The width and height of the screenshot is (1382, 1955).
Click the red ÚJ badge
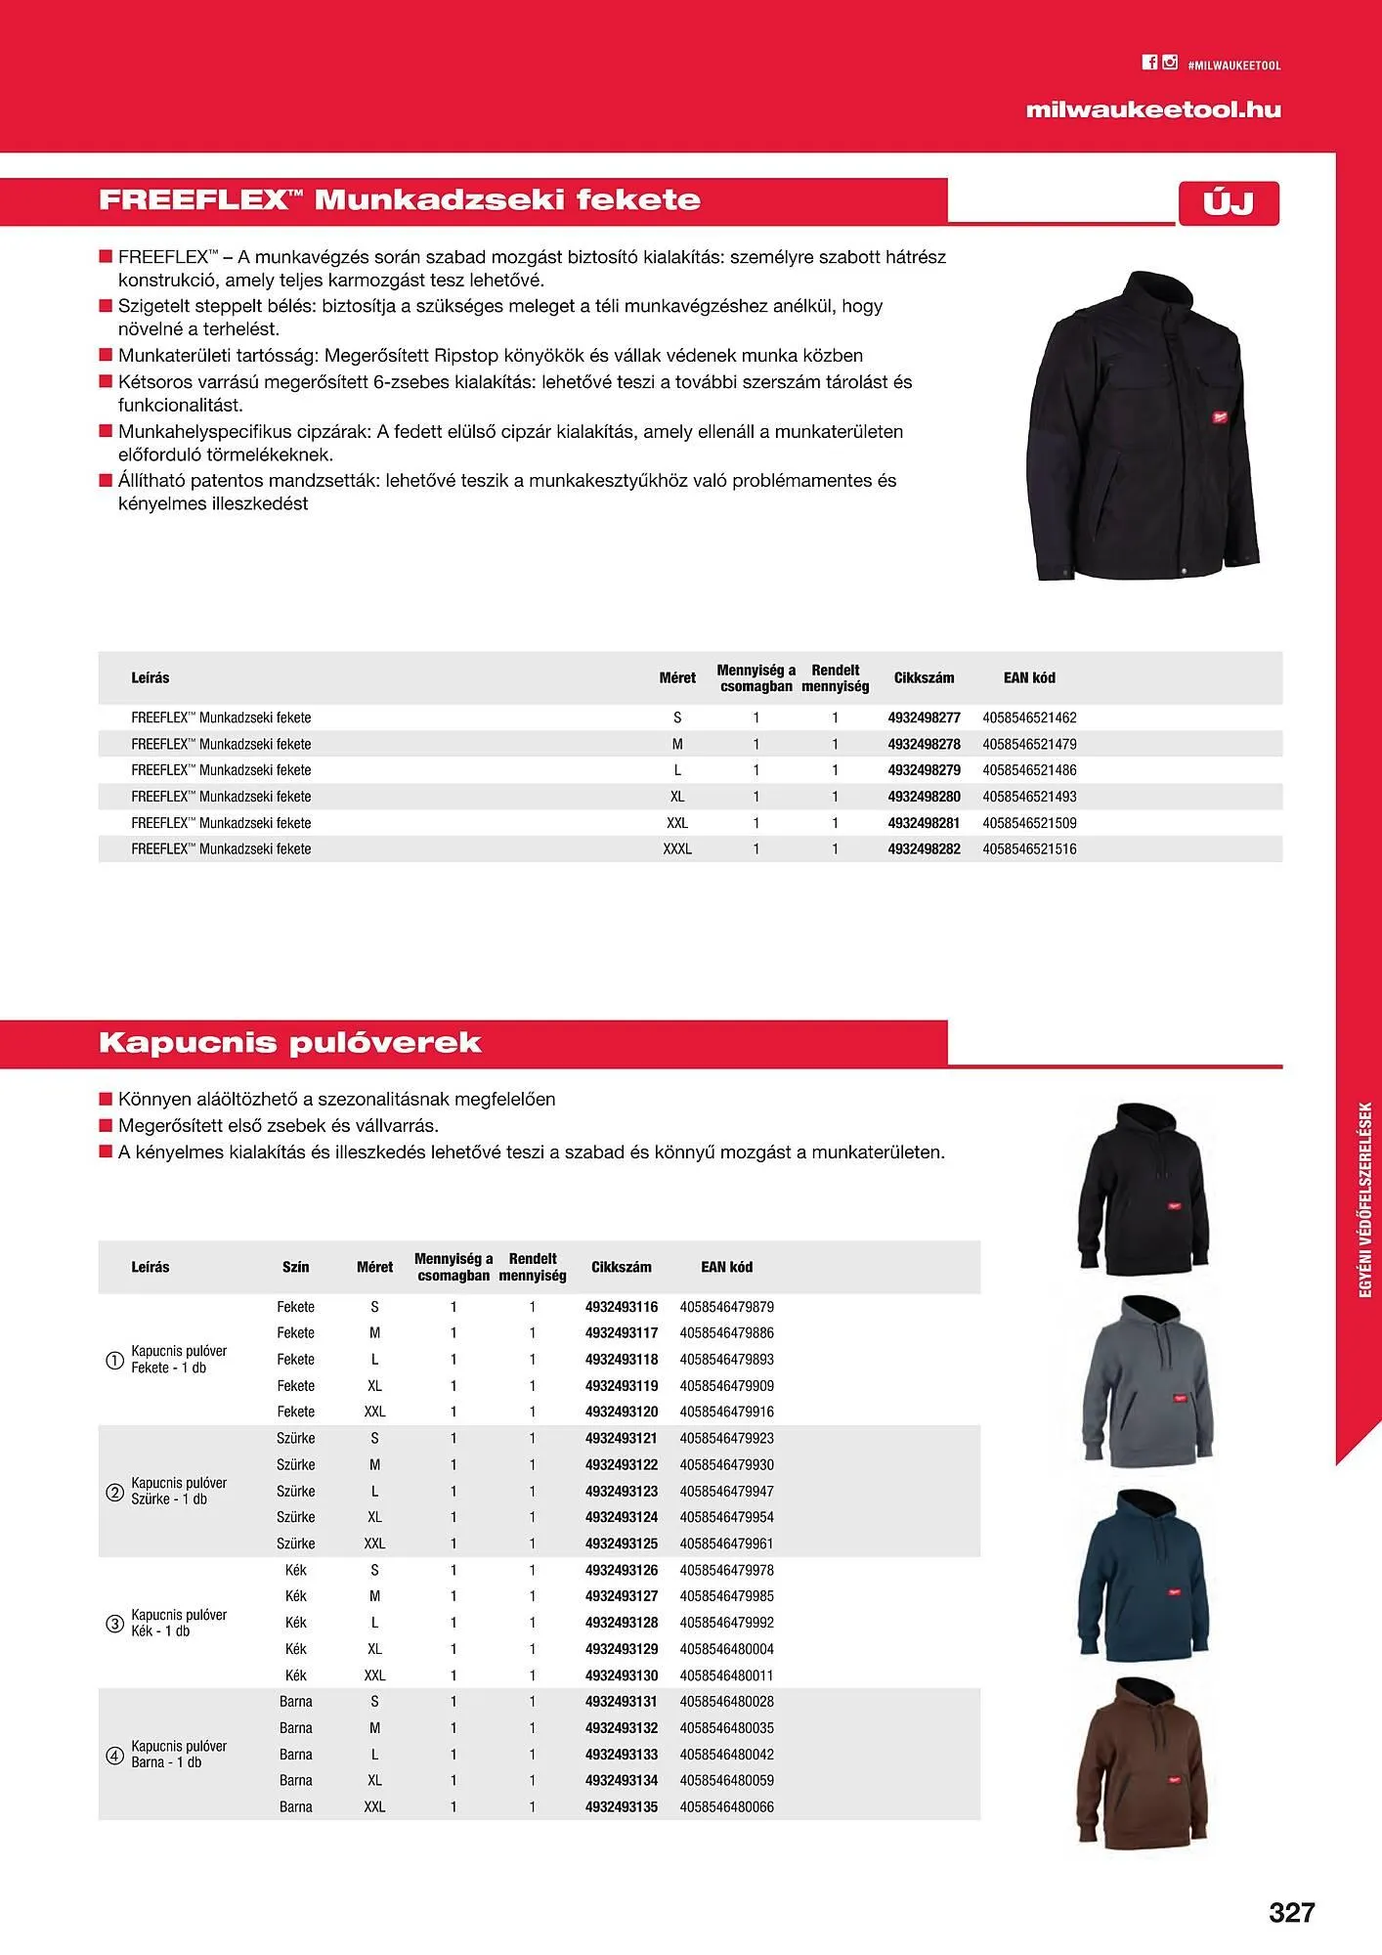tap(1229, 203)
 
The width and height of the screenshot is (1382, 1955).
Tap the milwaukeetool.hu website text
tap(1153, 109)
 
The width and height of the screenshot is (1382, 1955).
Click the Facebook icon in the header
tap(1149, 63)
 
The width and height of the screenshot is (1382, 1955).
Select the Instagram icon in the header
tap(1170, 63)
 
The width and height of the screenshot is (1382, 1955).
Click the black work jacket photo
tap(1144, 426)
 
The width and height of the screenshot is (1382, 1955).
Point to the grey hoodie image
tap(1146, 1381)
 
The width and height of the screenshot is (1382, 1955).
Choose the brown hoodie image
tap(1146, 1764)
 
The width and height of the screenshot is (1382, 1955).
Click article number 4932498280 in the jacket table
tap(924, 797)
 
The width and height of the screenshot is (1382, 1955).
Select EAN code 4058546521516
tap(1029, 849)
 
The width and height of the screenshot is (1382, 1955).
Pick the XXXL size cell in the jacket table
tap(677, 849)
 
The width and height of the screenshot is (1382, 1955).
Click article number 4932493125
tap(622, 1543)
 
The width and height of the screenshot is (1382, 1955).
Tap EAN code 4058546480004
tap(726, 1649)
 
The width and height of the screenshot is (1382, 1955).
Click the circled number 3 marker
tap(114, 1624)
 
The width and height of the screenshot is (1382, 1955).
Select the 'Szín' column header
tap(295, 1267)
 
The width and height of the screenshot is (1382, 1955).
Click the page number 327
tap(1291, 1912)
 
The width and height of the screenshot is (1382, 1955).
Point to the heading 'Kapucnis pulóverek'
tap(290, 1042)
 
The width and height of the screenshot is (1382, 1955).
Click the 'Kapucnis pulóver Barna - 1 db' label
tap(179, 1755)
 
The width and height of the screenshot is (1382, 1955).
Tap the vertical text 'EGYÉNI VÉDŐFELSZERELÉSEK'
tap(1365, 1200)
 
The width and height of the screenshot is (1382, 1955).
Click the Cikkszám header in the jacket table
tap(924, 677)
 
